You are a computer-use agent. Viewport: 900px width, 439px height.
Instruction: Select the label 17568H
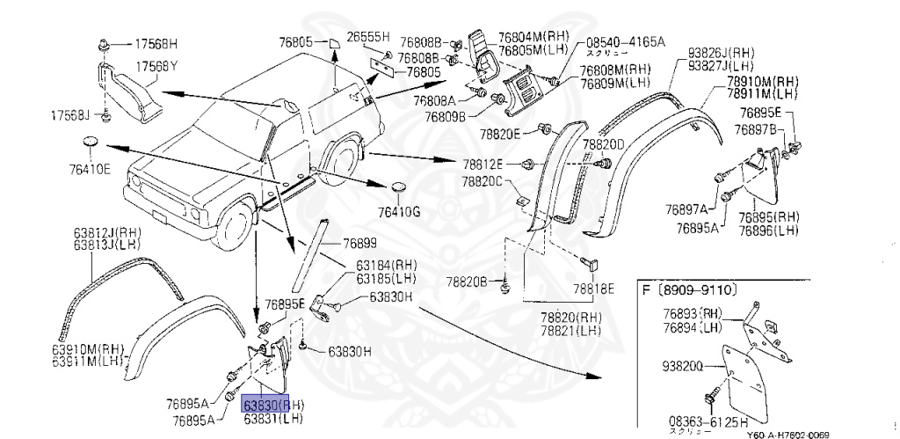(x=156, y=43)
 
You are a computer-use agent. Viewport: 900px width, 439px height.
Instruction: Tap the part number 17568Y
(x=156, y=67)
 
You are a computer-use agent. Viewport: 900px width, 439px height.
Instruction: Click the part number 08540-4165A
(x=626, y=41)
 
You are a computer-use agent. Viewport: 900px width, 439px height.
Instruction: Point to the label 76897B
(x=760, y=129)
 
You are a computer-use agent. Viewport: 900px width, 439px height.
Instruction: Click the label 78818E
(x=594, y=288)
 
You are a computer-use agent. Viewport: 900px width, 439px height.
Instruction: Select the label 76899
(x=359, y=243)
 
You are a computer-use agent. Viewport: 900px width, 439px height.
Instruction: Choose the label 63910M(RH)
(x=89, y=348)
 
